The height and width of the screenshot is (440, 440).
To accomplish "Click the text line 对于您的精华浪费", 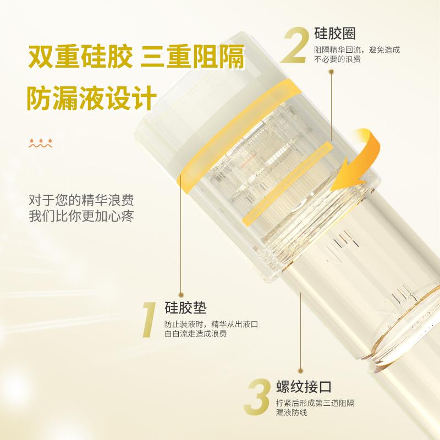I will tap(81, 199).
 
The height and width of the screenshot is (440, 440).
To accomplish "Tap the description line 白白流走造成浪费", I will tap(196, 333).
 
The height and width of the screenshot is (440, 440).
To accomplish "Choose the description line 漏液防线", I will tap(293, 411).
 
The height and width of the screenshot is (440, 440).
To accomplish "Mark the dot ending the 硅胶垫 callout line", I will tap(180, 294).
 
